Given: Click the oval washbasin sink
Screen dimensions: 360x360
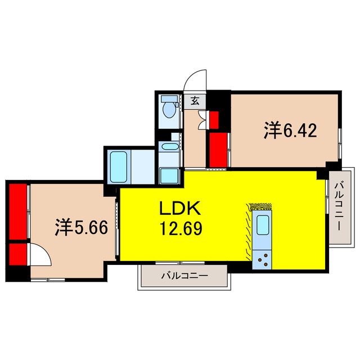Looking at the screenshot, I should [169, 147].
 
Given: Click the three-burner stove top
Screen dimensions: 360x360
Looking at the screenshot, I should [262, 259].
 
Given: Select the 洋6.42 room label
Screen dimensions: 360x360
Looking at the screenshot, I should [290, 131].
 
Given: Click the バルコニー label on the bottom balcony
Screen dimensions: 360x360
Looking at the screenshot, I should [184, 276].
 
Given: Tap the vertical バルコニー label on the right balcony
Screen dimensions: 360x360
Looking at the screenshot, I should [340, 206].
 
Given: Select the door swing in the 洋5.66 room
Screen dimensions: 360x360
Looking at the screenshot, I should [40, 254].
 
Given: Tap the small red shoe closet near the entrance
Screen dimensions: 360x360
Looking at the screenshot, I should [214, 119].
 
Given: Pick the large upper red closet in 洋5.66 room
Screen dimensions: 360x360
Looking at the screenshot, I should [18, 210].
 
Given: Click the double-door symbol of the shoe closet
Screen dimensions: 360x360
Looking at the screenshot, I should [202, 119].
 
